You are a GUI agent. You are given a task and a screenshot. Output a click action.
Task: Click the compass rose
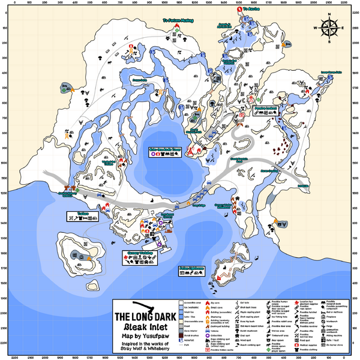point(329,26)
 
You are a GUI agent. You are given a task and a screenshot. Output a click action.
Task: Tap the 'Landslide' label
point(302,185)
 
